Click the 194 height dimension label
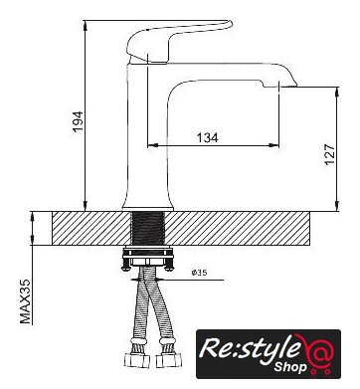click(78, 121)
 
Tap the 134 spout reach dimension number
click(208, 137)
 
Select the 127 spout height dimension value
click(330, 154)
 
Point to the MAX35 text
click(25, 301)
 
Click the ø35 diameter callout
click(199, 273)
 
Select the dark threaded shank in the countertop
click(148, 228)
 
